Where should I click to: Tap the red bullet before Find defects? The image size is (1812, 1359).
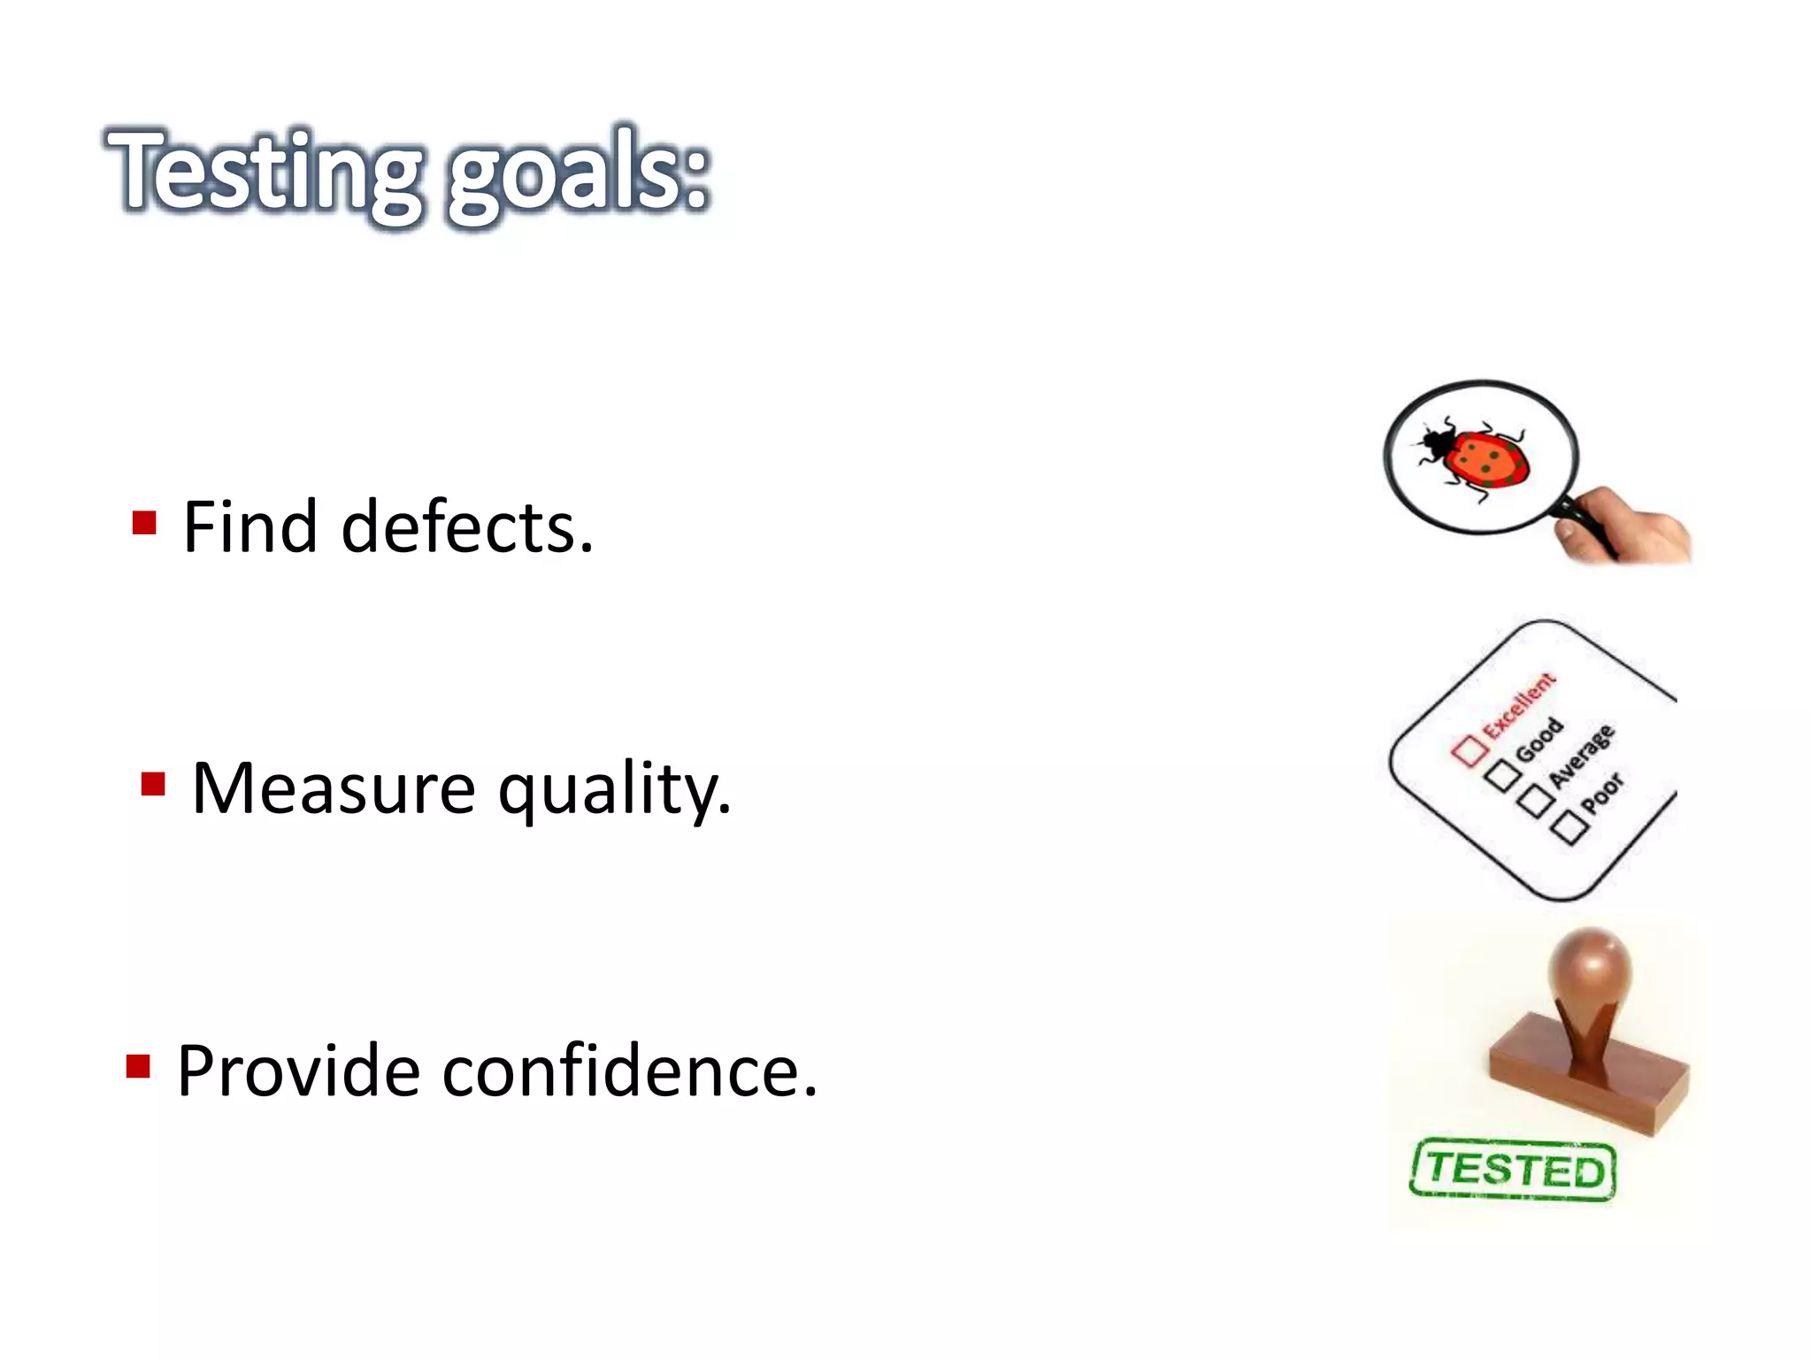(144, 523)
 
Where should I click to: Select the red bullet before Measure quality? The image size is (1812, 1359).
(153, 784)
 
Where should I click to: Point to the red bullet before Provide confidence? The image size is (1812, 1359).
(138, 1066)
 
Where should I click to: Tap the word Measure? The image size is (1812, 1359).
(334, 788)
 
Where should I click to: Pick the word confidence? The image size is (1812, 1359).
(629, 1071)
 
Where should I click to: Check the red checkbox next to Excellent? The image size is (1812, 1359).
(1470, 749)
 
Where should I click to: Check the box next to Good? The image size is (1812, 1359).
(1502, 776)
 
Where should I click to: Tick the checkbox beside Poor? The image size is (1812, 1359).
(1570, 828)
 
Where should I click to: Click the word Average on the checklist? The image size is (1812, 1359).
(1582, 757)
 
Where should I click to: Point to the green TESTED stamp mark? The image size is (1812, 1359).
(1514, 1170)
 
